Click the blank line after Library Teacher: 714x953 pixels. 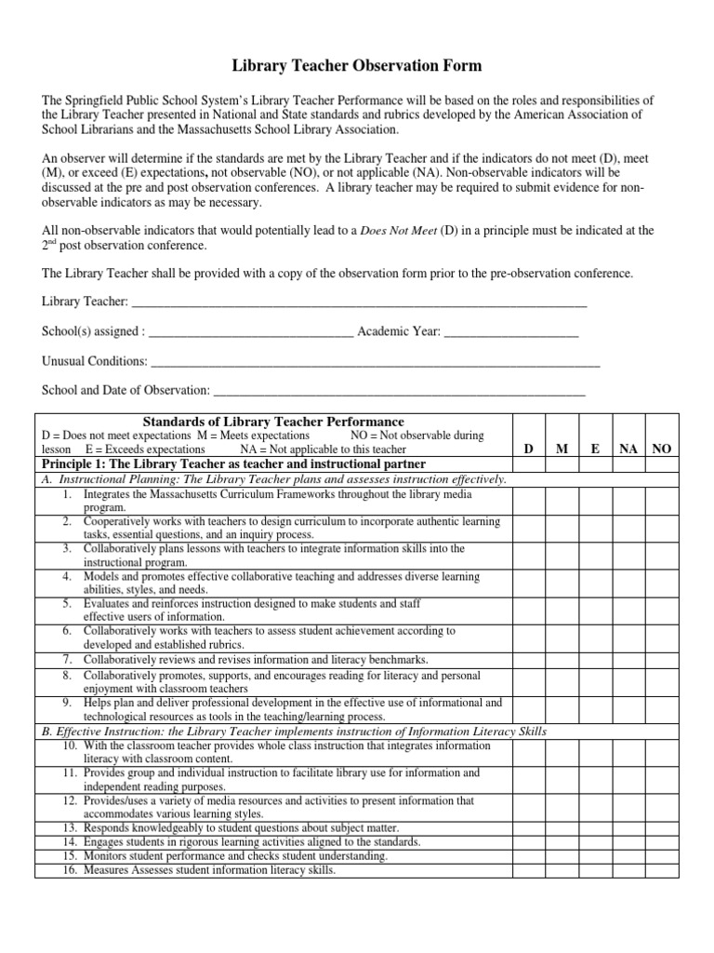coord(359,302)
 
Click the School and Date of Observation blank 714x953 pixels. coord(399,391)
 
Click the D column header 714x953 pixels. coord(528,449)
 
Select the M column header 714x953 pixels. coord(562,449)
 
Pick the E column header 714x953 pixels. coord(595,449)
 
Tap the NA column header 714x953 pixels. coord(628,449)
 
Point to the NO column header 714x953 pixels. coord(661,449)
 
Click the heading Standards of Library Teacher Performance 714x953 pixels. coord(272,422)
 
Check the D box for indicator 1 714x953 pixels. coord(528,501)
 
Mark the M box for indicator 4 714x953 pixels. coord(562,583)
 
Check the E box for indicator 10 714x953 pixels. coord(595,751)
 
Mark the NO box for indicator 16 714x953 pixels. coord(661,871)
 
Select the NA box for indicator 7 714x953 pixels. coord(628,659)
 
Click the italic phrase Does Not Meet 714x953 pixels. coord(399,230)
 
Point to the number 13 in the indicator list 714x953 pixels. coord(70,827)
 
